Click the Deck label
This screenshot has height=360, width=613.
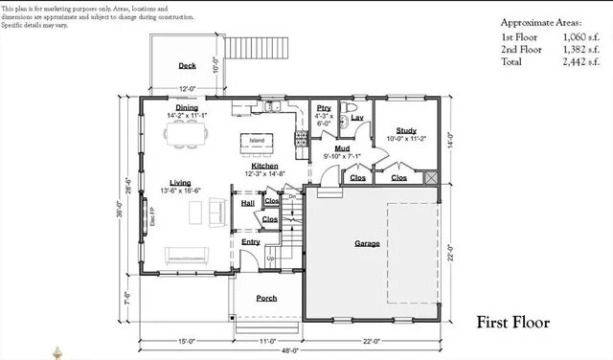(188, 66)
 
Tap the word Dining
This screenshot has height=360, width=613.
(187, 108)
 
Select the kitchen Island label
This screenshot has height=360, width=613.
(257, 141)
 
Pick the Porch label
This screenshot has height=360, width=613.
(266, 298)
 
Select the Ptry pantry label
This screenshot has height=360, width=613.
(324, 107)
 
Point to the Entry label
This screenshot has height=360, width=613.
(250, 242)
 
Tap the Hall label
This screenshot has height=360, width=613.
(247, 203)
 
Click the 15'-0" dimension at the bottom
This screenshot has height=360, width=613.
(186, 340)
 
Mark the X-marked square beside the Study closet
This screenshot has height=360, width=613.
(430, 178)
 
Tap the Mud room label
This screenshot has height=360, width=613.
(342, 148)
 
